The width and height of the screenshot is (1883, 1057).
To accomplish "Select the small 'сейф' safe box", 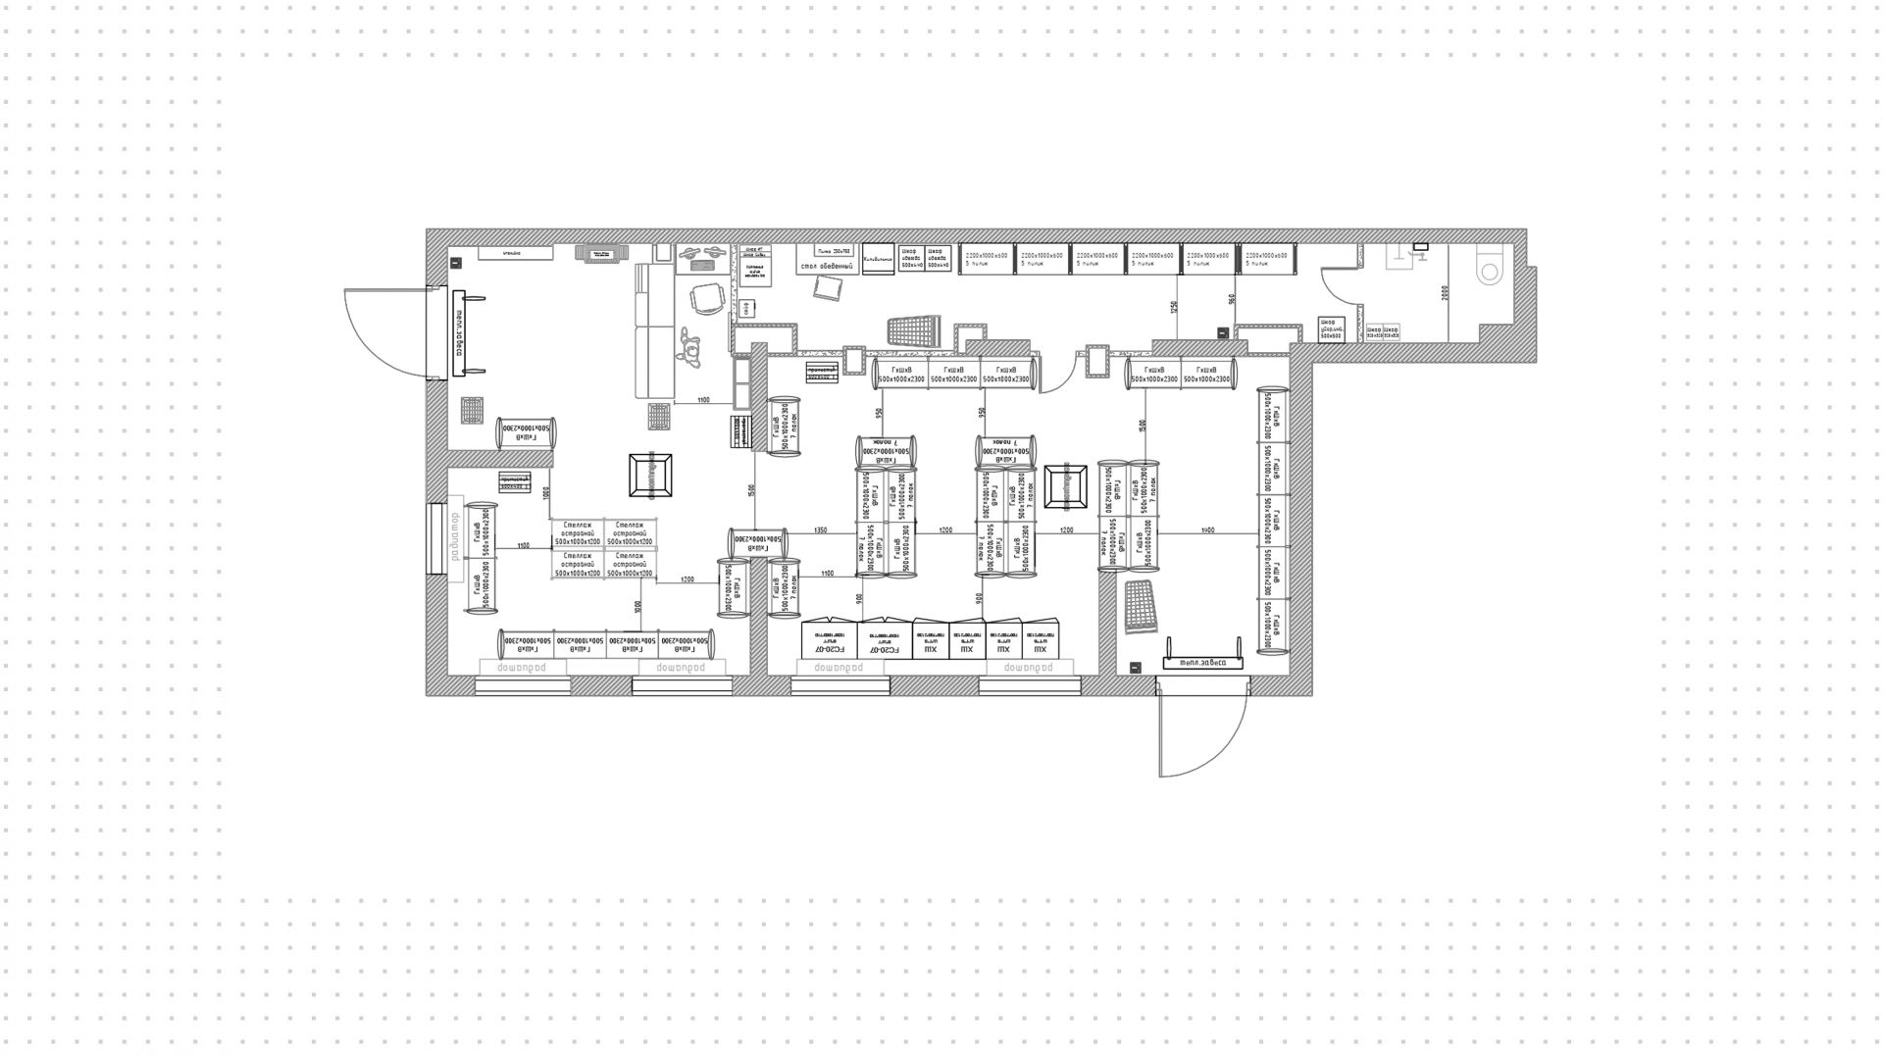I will point(746,308).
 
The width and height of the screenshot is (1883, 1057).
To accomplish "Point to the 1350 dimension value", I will point(820,530).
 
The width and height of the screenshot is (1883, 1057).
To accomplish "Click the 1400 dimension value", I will point(1207,530).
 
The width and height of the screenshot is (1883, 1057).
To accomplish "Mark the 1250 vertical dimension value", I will point(1174,306).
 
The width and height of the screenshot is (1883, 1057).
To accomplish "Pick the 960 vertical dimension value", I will point(1230,300).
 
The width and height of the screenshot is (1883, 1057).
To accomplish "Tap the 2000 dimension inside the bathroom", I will point(1444,292).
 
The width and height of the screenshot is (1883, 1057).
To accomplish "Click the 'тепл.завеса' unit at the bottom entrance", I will point(1202,662).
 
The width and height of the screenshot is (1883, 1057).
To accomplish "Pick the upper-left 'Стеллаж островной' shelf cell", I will point(577,533).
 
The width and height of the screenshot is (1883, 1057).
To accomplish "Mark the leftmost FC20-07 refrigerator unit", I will point(830,639).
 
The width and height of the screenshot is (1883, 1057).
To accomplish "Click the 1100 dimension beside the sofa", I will point(703,400).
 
